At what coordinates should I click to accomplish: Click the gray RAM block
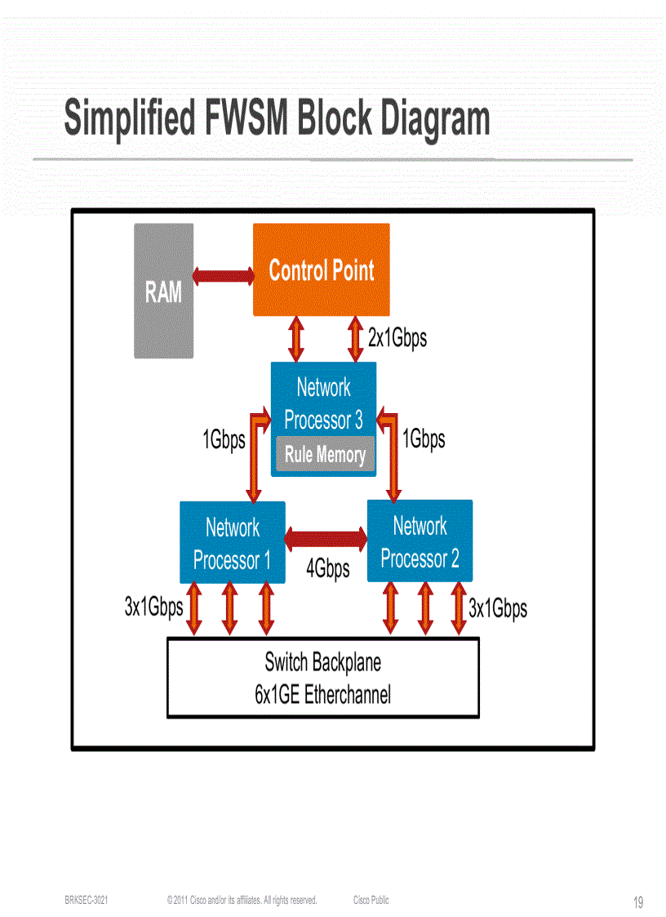coord(163,291)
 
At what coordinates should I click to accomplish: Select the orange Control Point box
coord(321,270)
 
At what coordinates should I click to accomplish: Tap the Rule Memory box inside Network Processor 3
coord(325,455)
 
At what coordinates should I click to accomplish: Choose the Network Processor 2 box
coord(420,541)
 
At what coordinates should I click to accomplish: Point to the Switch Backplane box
coord(322,678)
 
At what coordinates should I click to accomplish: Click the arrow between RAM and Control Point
coord(223,275)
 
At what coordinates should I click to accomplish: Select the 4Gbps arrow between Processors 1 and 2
coord(326,538)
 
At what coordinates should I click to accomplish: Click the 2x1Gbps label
coord(397,337)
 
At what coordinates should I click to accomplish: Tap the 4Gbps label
coord(327,568)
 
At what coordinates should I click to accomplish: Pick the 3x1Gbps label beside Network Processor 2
coord(498,608)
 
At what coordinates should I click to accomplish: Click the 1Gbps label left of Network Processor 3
coord(224,440)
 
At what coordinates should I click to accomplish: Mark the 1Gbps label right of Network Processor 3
coord(424,438)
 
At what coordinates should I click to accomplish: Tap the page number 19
coord(638,902)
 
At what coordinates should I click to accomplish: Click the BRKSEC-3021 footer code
coord(87,900)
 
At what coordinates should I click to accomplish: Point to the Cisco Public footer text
coord(371,900)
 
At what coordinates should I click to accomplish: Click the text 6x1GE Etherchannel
coord(322,696)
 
